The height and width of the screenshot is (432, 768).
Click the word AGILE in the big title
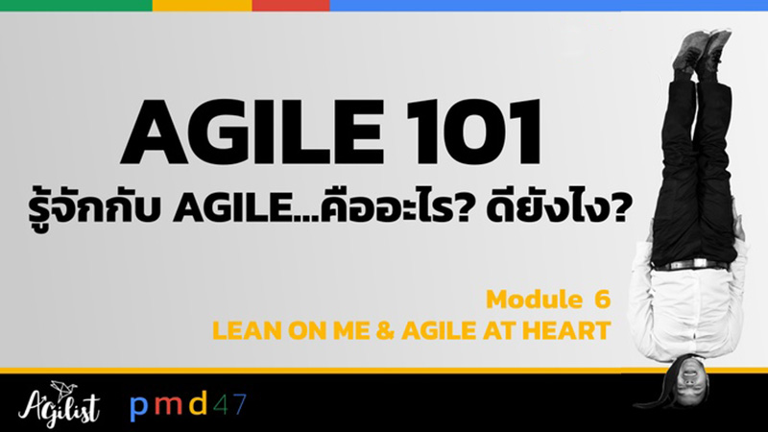click(x=252, y=132)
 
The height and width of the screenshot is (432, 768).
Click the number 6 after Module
click(x=603, y=300)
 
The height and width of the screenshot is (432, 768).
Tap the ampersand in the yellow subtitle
click(x=386, y=330)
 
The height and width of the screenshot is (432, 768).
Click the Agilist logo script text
click(x=59, y=406)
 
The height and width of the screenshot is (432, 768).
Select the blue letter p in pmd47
click(x=138, y=406)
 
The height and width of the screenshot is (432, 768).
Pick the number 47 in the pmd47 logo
click(x=229, y=403)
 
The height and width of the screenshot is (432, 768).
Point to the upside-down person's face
click(x=689, y=380)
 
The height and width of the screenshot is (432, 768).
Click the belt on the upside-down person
click(x=691, y=265)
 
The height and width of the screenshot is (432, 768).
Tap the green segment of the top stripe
click(x=76, y=6)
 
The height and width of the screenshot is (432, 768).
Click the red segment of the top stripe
click(x=291, y=6)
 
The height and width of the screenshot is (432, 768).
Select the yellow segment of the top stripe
click(x=203, y=6)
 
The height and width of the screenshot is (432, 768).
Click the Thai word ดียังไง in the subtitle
click(x=558, y=209)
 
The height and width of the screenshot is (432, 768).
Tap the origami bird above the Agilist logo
click(x=60, y=389)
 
